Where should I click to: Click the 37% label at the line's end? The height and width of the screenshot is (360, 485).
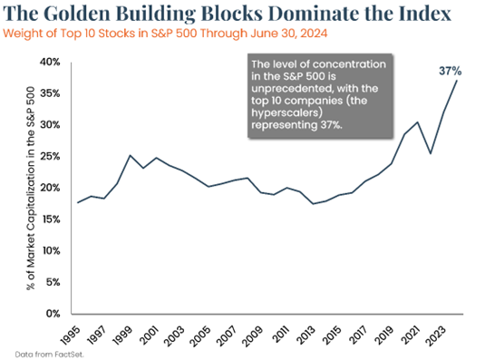pos(450,71)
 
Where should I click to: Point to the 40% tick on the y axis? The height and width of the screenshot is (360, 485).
pos(50,62)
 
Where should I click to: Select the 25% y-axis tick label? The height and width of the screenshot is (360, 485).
pos(50,156)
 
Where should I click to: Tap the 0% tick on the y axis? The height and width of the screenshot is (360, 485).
pos(53,314)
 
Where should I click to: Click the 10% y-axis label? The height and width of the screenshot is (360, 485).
pos(51,250)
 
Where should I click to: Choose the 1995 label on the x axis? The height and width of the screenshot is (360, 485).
pos(70,336)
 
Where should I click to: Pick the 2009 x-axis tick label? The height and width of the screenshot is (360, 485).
pos(252,336)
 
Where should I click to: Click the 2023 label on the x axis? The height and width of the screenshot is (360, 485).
pos(435,336)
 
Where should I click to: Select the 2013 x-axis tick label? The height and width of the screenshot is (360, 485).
pos(305,336)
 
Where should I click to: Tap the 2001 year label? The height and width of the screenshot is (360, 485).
pos(148,336)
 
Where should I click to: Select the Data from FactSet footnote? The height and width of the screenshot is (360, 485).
pos(50,355)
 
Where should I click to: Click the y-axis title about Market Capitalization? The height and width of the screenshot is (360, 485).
pos(31,188)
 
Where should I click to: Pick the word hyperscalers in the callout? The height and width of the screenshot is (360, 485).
pos(286,112)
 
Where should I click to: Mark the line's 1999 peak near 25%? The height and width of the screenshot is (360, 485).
pos(131,155)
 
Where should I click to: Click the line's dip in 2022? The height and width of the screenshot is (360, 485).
pos(431,153)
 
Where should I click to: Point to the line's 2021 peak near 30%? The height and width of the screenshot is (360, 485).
pos(418,122)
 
